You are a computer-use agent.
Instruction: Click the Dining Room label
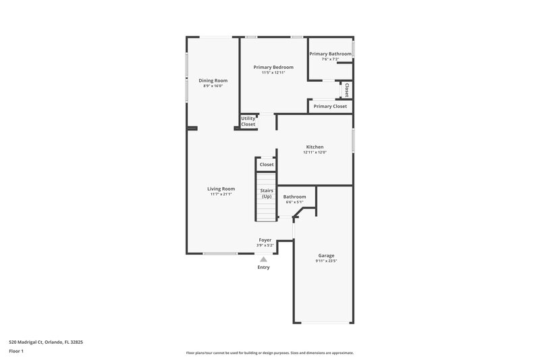tap(213, 80)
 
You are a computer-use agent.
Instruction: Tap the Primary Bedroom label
tap(274, 67)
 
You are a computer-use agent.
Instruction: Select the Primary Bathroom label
tap(330, 53)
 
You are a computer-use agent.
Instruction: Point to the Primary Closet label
tap(330, 106)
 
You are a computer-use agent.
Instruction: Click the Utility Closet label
tap(248, 122)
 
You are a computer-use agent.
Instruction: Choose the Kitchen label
tap(315, 147)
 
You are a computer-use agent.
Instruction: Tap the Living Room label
tap(221, 188)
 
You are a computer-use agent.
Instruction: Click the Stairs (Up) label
tap(267, 193)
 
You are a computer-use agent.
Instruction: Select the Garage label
tap(326, 255)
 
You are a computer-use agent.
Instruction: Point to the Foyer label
tap(265, 240)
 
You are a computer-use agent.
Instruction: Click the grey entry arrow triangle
tap(263, 259)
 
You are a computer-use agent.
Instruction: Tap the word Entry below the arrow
tap(263, 267)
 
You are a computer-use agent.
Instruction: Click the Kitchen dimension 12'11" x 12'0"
tap(315, 153)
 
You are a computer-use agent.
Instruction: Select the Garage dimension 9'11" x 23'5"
tap(326, 261)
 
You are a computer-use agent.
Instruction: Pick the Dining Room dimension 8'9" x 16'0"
tap(213, 86)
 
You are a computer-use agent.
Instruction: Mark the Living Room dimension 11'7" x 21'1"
tap(221, 194)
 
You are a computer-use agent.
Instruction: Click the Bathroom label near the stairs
tap(294, 197)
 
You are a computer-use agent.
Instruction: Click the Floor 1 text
tap(17, 352)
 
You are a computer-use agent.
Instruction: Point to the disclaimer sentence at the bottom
tap(269, 353)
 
